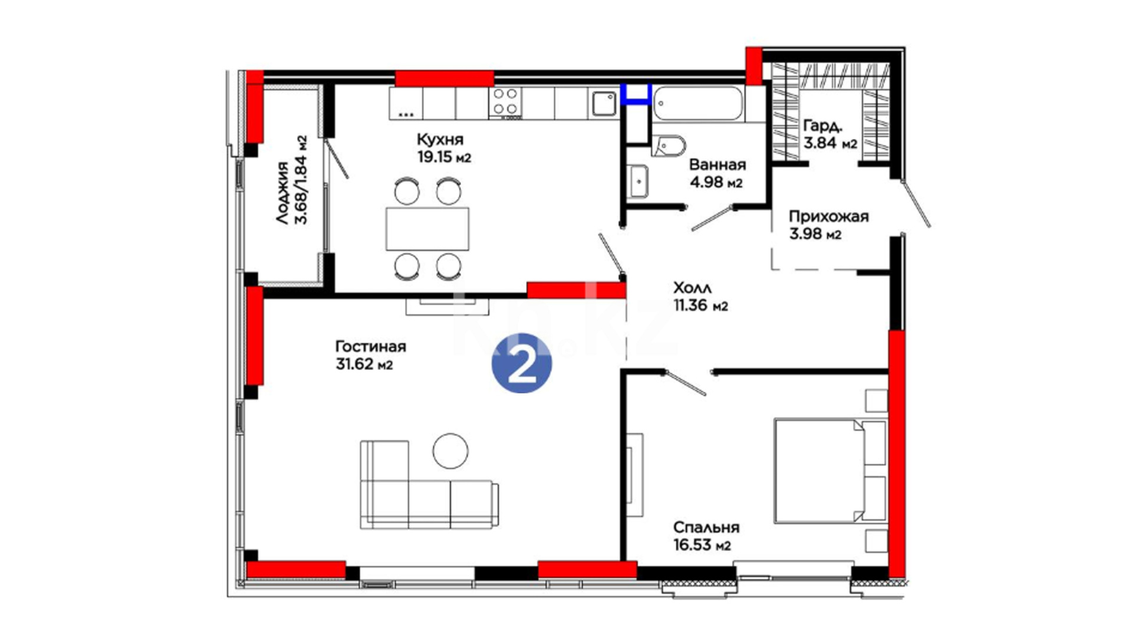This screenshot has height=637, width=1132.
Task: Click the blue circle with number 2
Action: [x=522, y=363]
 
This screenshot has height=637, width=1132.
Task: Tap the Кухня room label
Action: [x=440, y=140]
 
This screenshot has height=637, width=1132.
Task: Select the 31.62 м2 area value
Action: [x=364, y=365]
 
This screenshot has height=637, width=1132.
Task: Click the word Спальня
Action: [x=706, y=527]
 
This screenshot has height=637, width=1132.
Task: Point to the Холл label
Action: [x=692, y=288]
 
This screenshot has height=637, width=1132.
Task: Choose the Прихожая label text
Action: [x=829, y=217]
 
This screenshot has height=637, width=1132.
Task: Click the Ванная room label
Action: [x=718, y=165]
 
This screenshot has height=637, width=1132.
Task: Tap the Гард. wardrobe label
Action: [x=823, y=126]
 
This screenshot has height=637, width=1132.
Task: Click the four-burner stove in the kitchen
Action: [x=506, y=102]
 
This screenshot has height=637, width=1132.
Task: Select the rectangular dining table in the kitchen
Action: [x=427, y=228]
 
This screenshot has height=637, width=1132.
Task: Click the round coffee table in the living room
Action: [x=450, y=451]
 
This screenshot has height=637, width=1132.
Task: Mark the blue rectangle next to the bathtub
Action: [x=636, y=94]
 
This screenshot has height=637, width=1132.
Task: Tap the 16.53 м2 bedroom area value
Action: [x=702, y=545]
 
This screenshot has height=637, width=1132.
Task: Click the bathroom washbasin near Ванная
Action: [x=638, y=181]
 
